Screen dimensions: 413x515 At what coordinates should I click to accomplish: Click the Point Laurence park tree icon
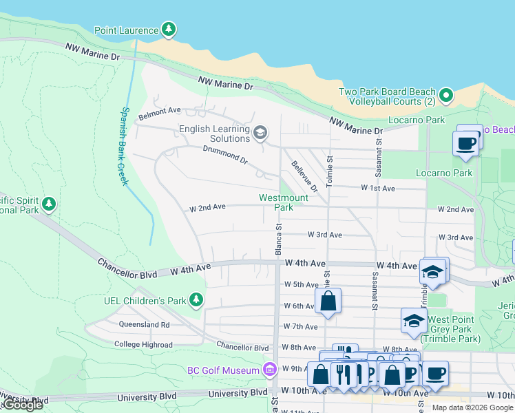[169, 30]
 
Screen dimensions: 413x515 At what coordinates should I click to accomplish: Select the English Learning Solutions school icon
[260, 132]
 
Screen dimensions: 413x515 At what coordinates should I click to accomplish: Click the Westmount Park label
[284, 202]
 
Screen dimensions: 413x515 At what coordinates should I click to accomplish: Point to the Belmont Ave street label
[160, 109]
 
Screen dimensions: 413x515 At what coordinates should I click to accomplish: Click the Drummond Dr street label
[224, 154]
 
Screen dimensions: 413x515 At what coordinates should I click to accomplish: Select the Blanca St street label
[279, 235]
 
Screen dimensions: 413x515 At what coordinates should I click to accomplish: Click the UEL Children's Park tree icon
[197, 300]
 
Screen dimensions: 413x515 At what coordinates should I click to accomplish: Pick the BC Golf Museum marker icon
[269, 370]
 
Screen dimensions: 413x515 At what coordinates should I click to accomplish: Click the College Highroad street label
[143, 344]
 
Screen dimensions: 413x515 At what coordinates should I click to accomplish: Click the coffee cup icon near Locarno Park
[466, 143]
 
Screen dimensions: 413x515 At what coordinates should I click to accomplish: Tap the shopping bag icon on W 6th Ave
[328, 301]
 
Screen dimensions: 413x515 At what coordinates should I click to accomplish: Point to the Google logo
[23, 405]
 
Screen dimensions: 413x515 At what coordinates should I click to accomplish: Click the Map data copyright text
[472, 407]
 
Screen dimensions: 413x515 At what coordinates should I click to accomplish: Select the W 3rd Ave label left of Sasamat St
[324, 235]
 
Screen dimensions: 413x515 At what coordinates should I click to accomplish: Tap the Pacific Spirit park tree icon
[48, 204]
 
